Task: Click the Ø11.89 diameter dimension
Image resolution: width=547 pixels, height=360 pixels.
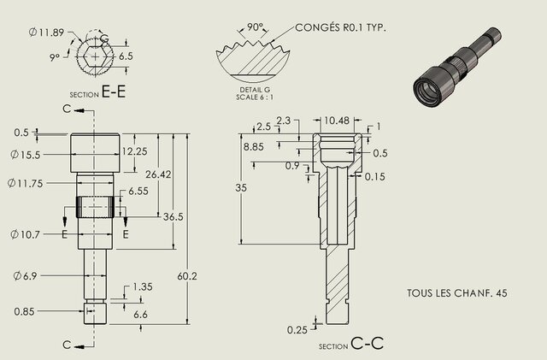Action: (x=44, y=32)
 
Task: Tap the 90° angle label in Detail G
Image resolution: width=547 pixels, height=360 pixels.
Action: (x=254, y=27)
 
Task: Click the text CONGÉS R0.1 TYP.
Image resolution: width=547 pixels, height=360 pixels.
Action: (x=340, y=27)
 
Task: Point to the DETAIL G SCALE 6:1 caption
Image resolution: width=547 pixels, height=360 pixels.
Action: (x=254, y=92)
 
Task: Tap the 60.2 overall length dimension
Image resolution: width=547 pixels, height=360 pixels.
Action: (x=191, y=276)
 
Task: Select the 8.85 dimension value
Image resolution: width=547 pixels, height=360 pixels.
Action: (x=254, y=147)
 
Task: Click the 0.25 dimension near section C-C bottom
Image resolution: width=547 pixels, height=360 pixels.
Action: (x=297, y=329)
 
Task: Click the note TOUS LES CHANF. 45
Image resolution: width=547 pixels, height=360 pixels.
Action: (x=457, y=293)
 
